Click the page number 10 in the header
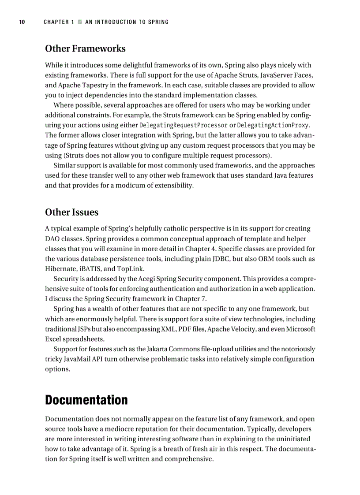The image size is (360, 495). pos(22,22)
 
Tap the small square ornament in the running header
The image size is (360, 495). pos(80,22)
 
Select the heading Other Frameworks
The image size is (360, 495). pos(85,48)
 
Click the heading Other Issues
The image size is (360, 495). pos(71,212)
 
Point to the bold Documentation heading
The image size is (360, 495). pos(86,400)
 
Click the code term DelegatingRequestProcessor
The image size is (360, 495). pos(183,126)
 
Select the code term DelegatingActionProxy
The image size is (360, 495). pos(272,126)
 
